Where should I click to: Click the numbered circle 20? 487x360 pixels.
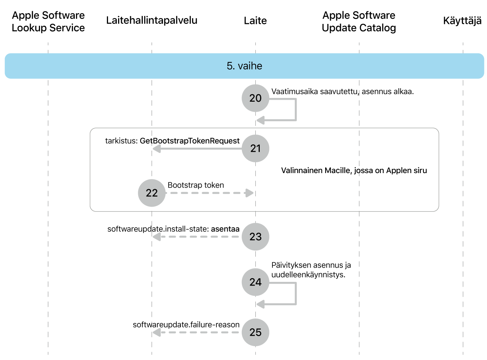pos(255,98)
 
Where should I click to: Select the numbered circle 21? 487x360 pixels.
pos(255,148)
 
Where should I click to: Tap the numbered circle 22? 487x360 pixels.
pos(152,193)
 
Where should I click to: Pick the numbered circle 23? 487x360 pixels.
pos(255,237)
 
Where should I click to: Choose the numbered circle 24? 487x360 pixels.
pos(255,282)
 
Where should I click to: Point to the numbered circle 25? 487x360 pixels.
pos(255,332)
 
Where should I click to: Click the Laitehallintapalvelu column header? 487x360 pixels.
pos(152,21)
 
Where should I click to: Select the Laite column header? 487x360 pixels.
pos(255,21)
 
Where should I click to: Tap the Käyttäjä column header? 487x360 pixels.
pos(462,21)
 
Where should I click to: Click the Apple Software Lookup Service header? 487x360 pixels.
pos(48,21)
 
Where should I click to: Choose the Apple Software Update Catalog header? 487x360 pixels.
pos(359,21)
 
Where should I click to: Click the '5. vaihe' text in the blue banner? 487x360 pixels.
pos(244,66)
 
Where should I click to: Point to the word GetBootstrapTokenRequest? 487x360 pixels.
pos(189,141)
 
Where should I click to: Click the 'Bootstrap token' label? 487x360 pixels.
pos(196,185)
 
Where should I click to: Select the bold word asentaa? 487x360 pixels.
pos(225,229)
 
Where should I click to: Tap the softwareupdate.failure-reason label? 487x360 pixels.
pos(186,324)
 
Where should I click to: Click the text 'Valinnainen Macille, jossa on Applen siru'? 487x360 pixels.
pos(354,170)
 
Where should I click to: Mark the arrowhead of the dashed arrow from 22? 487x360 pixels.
pos(249,193)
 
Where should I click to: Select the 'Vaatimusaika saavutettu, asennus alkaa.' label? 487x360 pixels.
pos(342,92)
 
